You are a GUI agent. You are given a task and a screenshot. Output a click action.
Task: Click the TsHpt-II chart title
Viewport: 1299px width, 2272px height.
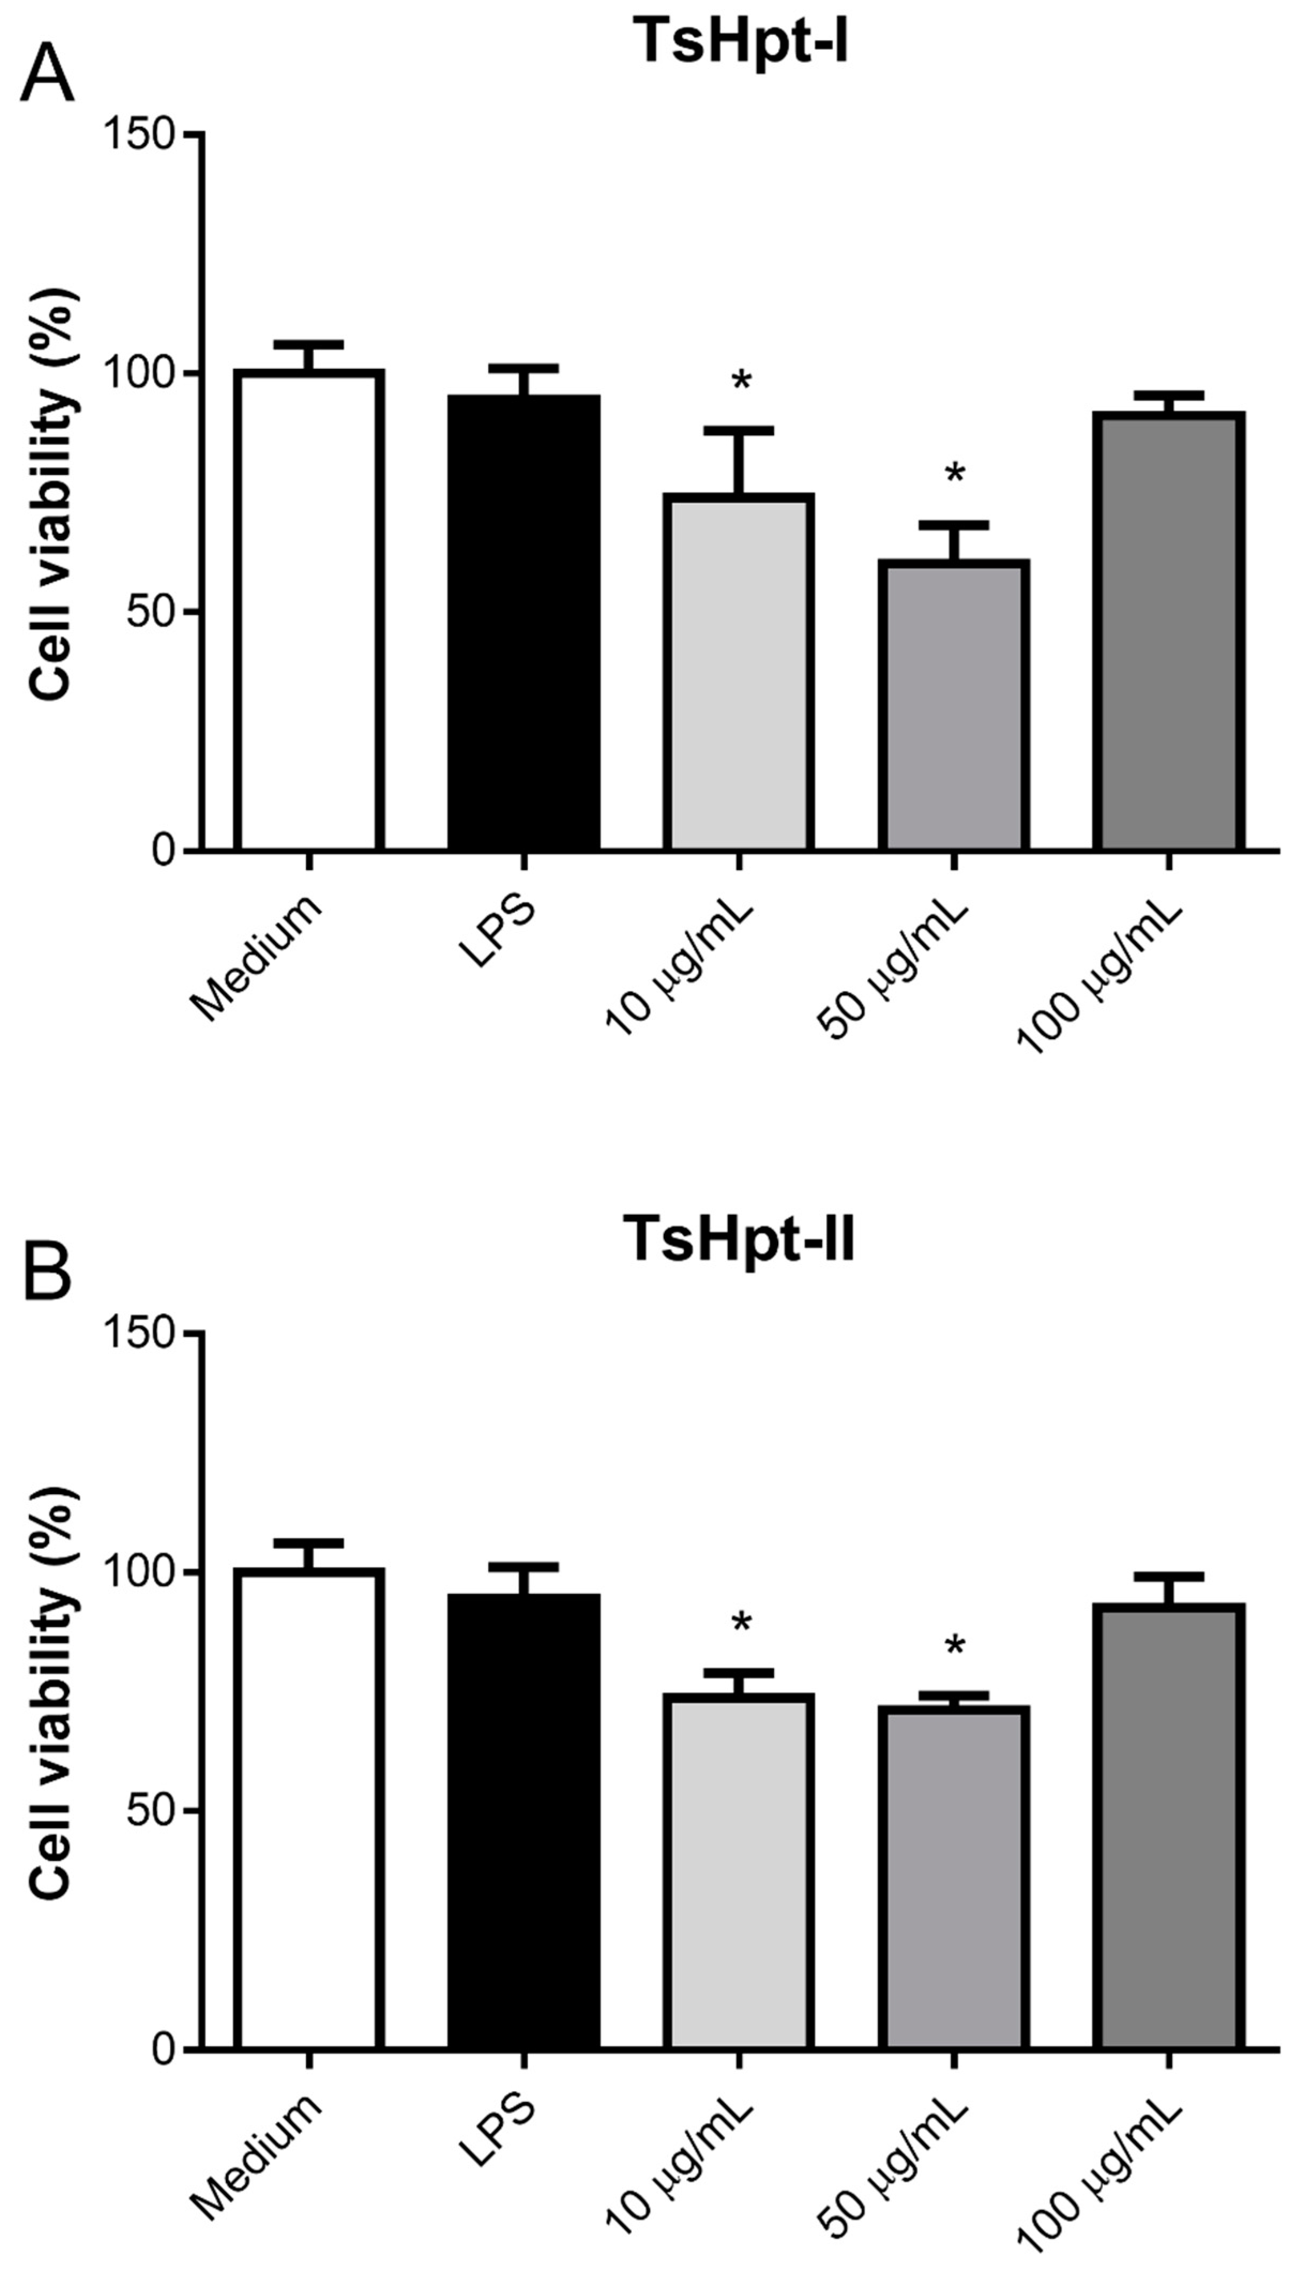(x=740, y=1240)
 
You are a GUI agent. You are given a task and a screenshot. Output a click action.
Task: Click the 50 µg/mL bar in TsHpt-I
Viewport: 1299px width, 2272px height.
(x=954, y=705)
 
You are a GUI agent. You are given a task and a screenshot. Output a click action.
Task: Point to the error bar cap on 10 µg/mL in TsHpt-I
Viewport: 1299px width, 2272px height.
(x=739, y=430)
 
